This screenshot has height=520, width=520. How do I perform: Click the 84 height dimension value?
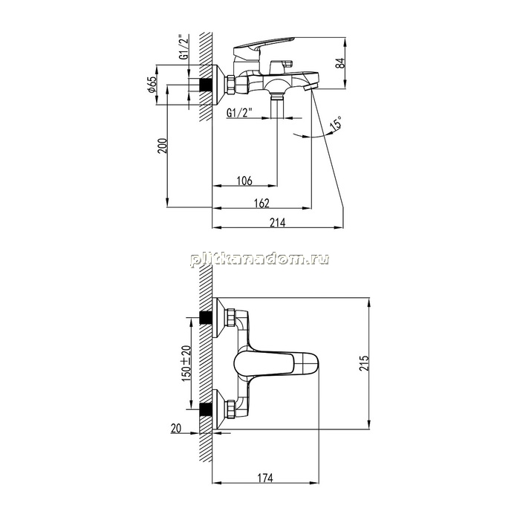click(340, 63)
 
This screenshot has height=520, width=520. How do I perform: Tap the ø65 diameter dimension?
click(152, 85)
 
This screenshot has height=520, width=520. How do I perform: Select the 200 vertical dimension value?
click(163, 146)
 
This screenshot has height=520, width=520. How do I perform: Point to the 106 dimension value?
click(244, 181)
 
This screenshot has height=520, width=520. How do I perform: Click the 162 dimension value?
click(261, 203)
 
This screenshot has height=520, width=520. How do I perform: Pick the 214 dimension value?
click(277, 223)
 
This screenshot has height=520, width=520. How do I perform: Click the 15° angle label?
click(336, 123)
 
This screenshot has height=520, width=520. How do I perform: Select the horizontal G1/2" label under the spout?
click(239, 113)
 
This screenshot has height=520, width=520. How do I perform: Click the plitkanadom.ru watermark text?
click(260, 259)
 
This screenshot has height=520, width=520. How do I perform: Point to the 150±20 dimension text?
click(186, 363)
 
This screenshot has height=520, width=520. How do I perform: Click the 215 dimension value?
click(364, 363)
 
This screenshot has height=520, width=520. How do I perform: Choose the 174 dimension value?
click(265, 478)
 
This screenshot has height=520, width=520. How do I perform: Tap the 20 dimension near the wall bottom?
click(176, 429)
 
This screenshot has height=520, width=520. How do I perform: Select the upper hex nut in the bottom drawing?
click(230, 317)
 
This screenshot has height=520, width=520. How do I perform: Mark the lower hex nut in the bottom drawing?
click(230, 409)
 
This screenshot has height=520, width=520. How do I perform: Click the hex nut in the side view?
click(230, 85)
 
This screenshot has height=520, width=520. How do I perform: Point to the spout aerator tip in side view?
click(311, 88)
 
